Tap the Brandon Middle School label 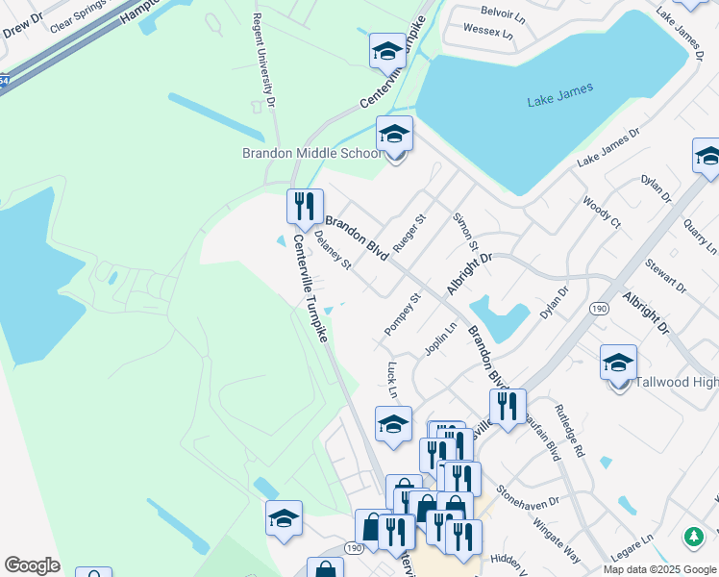[311, 154]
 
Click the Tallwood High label [678, 383]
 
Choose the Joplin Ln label [441, 338]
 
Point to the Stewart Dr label [666, 275]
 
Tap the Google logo [32, 565]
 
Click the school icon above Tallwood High [619, 363]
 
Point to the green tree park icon [693, 537]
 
